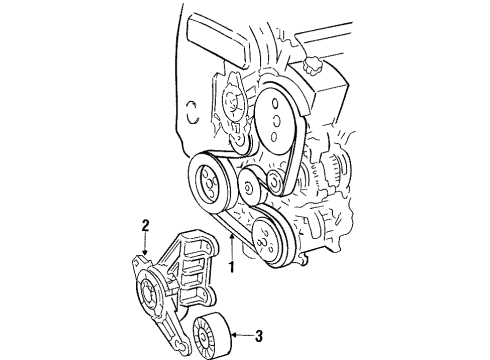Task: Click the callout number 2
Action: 145,226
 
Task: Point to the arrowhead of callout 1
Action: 231,240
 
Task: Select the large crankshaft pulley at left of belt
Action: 209,183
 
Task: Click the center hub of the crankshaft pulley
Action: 209,184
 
